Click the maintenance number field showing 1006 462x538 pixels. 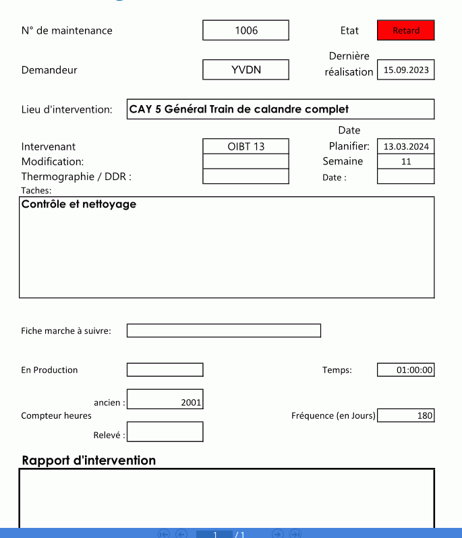click(x=246, y=30)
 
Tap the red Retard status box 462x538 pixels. click(x=405, y=30)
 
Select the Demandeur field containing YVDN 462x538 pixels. click(x=246, y=69)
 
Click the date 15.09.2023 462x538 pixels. click(x=405, y=69)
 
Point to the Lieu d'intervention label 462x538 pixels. click(x=67, y=109)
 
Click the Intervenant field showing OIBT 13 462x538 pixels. click(x=246, y=146)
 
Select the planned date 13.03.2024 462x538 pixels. click(x=405, y=146)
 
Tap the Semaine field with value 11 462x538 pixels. click(x=405, y=162)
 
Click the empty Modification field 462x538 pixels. click(x=246, y=162)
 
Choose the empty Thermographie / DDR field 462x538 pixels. click(x=246, y=177)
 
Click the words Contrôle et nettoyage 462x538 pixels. click(x=79, y=204)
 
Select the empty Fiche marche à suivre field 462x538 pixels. click(x=223, y=330)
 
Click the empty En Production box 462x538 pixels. click(x=165, y=369)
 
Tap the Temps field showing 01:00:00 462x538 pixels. click(x=405, y=369)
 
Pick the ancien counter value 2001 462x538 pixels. click(x=165, y=402)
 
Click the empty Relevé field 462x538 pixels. click(x=165, y=432)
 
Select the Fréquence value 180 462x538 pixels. click(x=405, y=416)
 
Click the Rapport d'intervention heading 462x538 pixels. click(x=89, y=460)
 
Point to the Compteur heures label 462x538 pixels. click(x=56, y=416)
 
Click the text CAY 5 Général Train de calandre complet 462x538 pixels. click(x=239, y=109)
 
